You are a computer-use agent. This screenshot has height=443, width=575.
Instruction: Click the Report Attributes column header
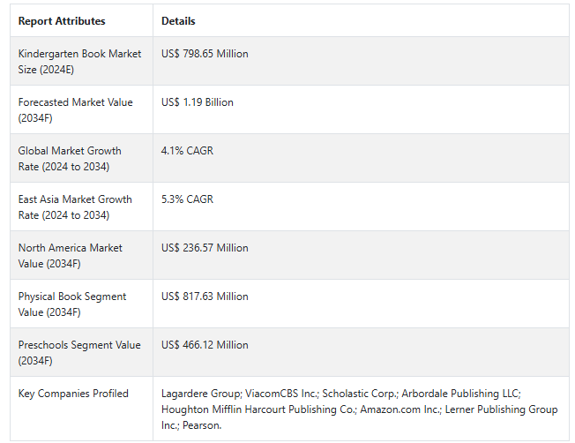(x=62, y=21)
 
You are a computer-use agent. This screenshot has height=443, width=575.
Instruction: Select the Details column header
(x=178, y=21)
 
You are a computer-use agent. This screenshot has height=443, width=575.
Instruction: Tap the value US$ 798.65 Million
(x=205, y=54)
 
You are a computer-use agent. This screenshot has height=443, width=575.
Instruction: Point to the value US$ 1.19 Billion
(x=198, y=102)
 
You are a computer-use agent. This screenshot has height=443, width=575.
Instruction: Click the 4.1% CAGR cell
(x=187, y=151)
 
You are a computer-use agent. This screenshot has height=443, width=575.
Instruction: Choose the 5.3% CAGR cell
(x=187, y=199)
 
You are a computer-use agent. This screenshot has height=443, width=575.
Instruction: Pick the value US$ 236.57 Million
(x=205, y=248)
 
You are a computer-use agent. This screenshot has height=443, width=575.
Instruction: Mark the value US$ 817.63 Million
(x=205, y=297)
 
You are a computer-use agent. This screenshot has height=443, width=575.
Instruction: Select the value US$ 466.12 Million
(x=205, y=345)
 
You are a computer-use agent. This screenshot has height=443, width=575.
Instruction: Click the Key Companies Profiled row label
(x=73, y=394)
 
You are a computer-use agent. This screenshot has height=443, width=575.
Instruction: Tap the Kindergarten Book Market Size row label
(x=79, y=61)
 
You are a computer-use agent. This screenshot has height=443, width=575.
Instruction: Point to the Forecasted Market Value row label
(x=75, y=109)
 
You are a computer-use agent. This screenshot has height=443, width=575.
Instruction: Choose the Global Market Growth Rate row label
(x=70, y=158)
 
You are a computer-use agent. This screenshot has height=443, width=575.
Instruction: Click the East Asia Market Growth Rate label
(x=75, y=206)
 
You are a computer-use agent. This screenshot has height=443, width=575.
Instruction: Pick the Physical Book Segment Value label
(x=72, y=304)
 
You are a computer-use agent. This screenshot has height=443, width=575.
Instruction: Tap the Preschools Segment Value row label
(x=79, y=352)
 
